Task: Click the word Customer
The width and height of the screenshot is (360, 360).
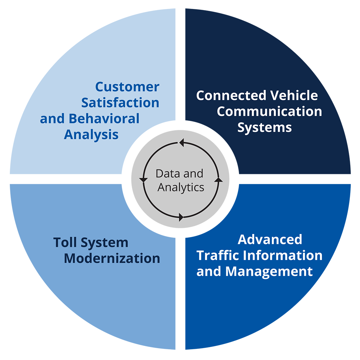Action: [127, 87]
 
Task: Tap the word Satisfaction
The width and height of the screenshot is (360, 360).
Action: [120, 103]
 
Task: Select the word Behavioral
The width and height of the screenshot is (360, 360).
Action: [104, 118]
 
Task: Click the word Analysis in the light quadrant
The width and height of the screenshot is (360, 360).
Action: [91, 134]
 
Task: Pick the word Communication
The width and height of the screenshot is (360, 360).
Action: [269, 112]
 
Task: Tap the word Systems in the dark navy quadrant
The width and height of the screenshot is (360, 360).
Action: [265, 127]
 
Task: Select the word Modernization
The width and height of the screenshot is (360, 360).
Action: [112, 258]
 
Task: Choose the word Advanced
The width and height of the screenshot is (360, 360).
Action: [270, 239]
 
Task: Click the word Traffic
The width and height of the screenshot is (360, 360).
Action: [219, 255]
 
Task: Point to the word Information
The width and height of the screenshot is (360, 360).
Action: [283, 255]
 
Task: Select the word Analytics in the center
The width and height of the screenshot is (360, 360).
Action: [181, 188]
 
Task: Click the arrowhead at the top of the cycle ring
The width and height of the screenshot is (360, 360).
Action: [182, 143]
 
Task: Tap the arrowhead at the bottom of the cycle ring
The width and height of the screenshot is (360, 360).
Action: [181, 217]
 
